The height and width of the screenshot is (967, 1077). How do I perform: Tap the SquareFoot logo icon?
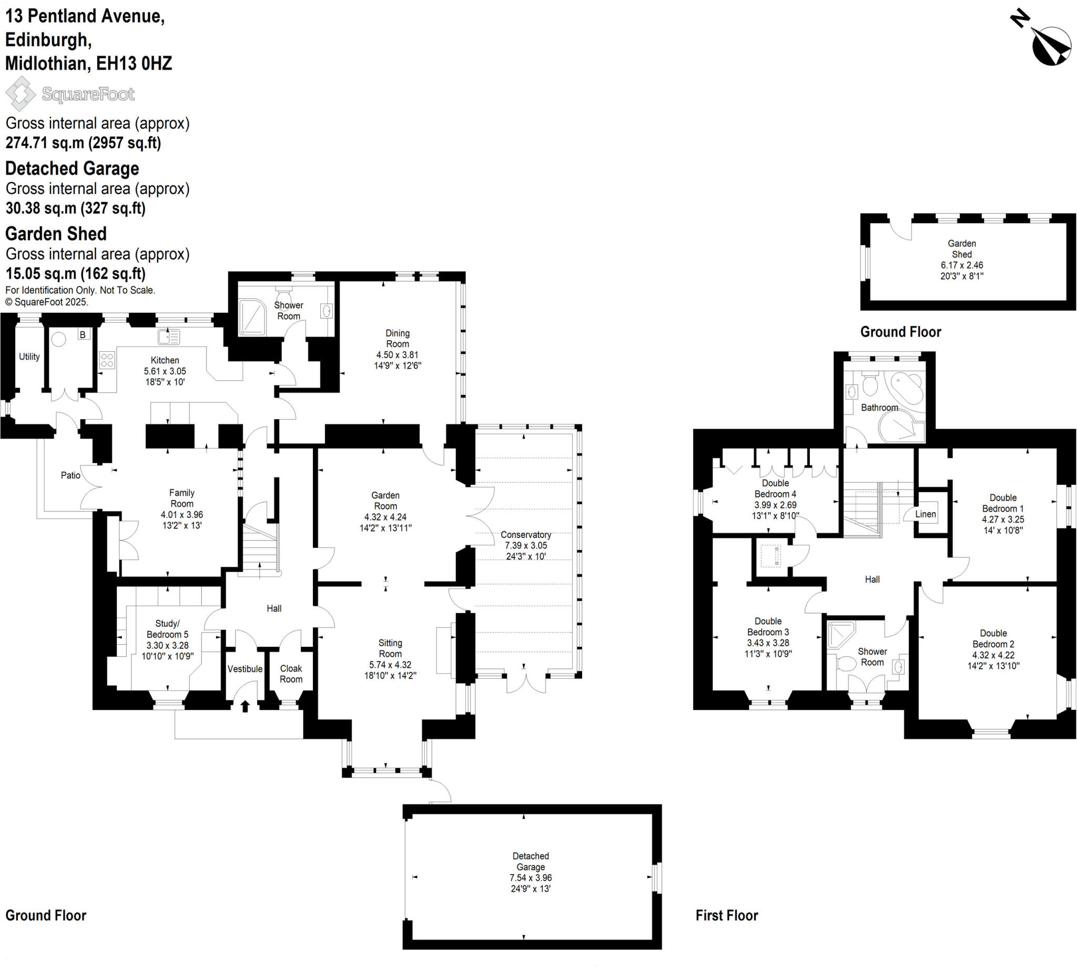click(20, 94)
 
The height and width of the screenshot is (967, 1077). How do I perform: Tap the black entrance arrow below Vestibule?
click(245, 706)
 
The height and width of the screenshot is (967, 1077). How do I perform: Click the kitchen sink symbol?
click(169, 337)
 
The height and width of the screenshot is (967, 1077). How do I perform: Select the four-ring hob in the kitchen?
click(107, 360)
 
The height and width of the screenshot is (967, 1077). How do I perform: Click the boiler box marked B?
click(83, 335)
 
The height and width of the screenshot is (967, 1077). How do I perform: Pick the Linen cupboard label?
click(926, 514)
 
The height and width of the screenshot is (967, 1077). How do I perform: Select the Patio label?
click(70, 475)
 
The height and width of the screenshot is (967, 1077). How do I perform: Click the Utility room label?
click(29, 357)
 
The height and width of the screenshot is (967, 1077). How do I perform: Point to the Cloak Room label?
click(291, 674)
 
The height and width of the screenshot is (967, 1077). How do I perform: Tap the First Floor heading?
click(726, 915)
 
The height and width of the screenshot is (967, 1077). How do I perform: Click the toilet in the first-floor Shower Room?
click(845, 664)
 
